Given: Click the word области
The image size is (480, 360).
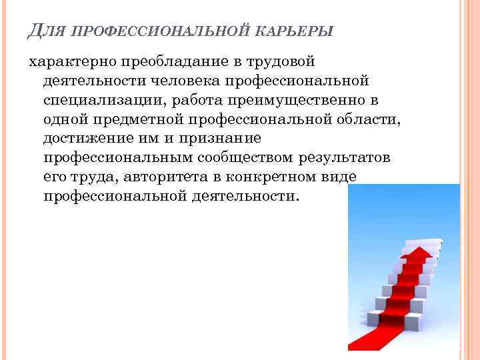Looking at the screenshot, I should click(365, 119).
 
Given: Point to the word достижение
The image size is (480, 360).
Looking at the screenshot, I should click(82, 139).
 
